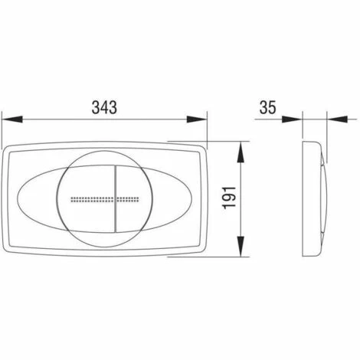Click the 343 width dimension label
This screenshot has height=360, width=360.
point(104,107)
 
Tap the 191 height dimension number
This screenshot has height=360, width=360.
point(229,198)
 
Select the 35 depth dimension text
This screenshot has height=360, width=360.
point(268,107)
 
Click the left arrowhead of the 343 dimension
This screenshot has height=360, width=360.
point(12,119)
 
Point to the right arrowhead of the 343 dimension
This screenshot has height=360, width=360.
point(197,119)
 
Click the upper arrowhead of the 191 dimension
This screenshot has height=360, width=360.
point(241,152)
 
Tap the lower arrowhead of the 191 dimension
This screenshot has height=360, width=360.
point(241,246)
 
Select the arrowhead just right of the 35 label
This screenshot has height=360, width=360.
point(292,119)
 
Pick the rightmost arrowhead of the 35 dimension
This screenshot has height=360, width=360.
point(338,119)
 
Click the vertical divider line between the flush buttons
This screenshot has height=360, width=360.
point(116,199)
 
